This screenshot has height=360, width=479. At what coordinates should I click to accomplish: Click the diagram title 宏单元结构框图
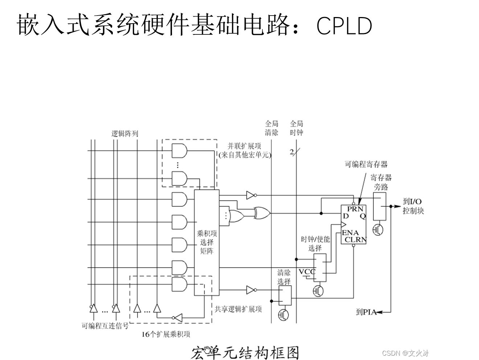click(245, 352)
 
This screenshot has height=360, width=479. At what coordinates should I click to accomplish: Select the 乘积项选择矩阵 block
click(207, 242)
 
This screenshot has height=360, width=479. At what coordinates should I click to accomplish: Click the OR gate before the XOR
click(237, 216)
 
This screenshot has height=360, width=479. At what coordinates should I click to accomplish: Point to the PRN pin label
click(355, 209)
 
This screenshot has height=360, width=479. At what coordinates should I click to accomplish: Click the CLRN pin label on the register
click(356, 240)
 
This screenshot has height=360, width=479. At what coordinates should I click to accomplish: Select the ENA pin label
click(350, 233)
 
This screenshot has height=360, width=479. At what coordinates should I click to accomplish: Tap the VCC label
click(307, 272)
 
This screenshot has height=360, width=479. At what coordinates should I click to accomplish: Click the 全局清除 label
click(271, 128)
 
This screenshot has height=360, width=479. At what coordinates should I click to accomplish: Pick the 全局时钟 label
click(296, 128)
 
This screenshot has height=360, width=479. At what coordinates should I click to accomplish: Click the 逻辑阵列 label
click(125, 133)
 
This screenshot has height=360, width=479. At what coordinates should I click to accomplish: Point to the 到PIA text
click(366, 311)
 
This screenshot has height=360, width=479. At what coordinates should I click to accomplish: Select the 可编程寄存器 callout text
click(366, 164)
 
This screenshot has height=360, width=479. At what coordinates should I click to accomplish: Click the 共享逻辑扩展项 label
click(238, 309)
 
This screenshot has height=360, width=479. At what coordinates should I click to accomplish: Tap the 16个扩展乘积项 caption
click(166, 334)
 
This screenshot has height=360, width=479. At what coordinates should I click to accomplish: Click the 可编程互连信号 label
click(105, 326)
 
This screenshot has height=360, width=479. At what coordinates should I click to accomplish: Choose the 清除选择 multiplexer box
click(285, 296)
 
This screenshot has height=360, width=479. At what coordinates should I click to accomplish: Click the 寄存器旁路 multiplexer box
click(380, 206)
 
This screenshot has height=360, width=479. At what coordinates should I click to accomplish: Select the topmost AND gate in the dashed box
click(179, 150)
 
